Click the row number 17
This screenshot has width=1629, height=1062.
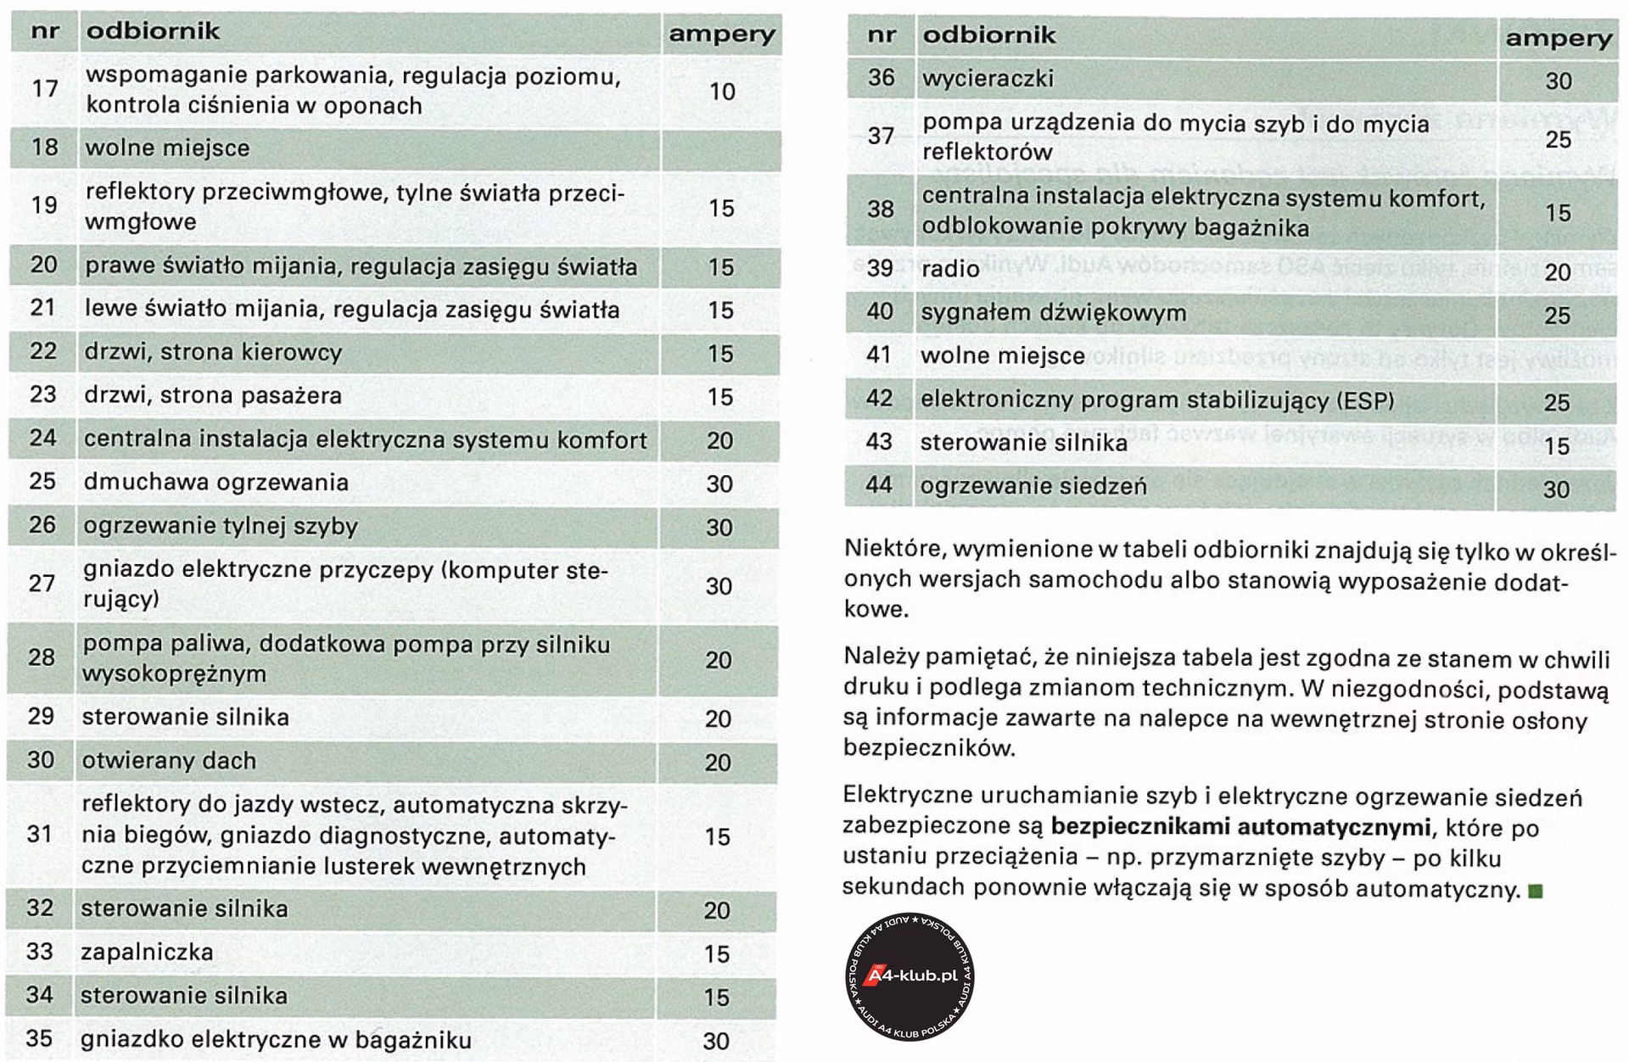click(44, 89)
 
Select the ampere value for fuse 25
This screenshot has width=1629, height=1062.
click(719, 483)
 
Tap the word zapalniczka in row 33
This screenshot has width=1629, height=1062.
click(147, 952)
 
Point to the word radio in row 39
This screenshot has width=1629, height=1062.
click(950, 269)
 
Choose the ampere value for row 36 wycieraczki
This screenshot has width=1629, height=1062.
click(1559, 81)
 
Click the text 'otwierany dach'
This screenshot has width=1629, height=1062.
click(169, 760)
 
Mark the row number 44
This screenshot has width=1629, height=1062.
click(879, 485)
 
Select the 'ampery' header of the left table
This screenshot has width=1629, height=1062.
click(722, 34)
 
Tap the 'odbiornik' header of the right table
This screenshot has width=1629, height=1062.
click(989, 35)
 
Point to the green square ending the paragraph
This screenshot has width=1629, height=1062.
click(1535, 891)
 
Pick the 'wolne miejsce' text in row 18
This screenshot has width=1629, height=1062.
click(167, 148)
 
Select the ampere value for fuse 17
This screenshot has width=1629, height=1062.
click(722, 92)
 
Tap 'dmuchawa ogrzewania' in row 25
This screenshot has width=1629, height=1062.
click(216, 482)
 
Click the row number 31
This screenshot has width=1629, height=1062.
click(40, 834)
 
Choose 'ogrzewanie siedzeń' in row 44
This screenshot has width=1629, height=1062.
click(1033, 486)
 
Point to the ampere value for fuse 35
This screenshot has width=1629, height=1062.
click(716, 1041)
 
